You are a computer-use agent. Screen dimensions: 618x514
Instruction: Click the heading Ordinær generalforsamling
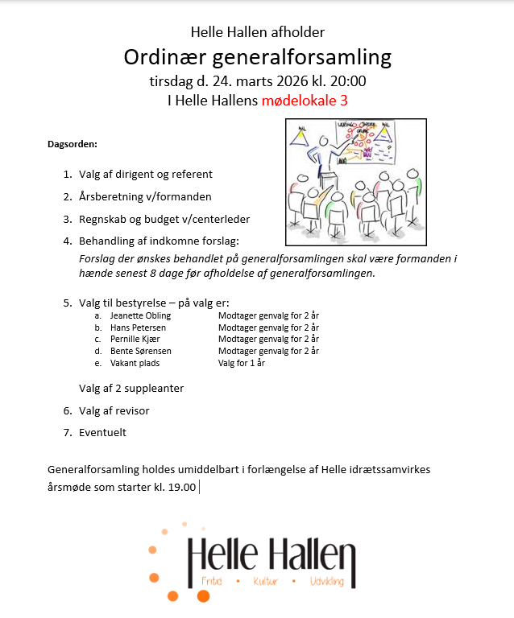point(257,57)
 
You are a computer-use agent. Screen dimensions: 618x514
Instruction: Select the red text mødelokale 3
point(305,101)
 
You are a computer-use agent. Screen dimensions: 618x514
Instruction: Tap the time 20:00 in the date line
point(348,80)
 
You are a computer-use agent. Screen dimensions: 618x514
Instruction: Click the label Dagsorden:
point(73,144)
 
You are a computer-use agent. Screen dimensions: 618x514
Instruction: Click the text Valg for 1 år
point(242,363)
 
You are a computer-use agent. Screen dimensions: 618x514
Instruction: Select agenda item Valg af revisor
point(114,410)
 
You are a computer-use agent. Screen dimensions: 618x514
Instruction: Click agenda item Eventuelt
point(102,432)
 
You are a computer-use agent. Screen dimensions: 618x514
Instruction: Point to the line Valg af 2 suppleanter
point(131,388)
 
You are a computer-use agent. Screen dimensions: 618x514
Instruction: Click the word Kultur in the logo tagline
point(265,580)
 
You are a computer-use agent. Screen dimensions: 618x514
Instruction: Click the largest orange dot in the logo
point(203,595)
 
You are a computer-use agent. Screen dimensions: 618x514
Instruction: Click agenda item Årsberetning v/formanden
point(145,196)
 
